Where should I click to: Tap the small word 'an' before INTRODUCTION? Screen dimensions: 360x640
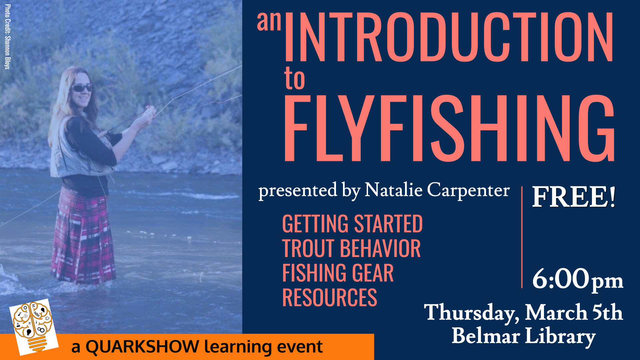pyautogui.click(x=269, y=22)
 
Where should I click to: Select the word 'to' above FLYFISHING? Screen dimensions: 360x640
pyautogui.click(x=295, y=79)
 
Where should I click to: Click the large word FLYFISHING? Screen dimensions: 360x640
pyautogui.click(x=448, y=128)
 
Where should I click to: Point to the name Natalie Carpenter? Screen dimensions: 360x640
pyautogui.click(x=437, y=190)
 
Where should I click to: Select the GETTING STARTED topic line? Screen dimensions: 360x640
pyautogui.click(x=352, y=224)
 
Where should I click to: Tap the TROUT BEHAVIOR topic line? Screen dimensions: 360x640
pyautogui.click(x=351, y=248)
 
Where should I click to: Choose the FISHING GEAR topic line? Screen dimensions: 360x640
pyautogui.click(x=338, y=273)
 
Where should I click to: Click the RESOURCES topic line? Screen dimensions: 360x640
pyautogui.click(x=330, y=297)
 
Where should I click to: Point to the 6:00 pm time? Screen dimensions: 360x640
pyautogui.click(x=577, y=279)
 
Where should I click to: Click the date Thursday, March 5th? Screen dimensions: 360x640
pyautogui.click(x=523, y=313)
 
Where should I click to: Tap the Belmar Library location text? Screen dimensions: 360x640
pyautogui.click(x=523, y=336)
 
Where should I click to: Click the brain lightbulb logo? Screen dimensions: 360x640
pyautogui.click(x=33, y=327)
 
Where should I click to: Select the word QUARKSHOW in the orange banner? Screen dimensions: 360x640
pyautogui.click(x=142, y=347)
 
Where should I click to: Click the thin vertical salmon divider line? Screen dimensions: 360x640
pyautogui.click(x=522, y=237)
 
